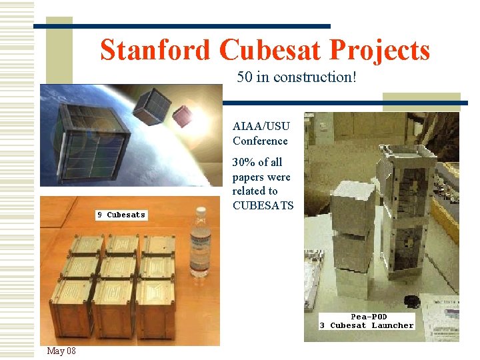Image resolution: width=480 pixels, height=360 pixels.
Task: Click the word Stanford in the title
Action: [x=156, y=50]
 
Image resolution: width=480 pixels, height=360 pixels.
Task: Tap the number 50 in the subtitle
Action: [x=244, y=77]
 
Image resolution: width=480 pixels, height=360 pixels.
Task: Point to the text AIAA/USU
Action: [x=261, y=125]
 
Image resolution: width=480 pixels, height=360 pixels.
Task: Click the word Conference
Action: [x=260, y=141]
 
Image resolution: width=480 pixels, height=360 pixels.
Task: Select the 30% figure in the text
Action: [x=244, y=162]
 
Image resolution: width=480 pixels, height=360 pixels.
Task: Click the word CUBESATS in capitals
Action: [x=263, y=205]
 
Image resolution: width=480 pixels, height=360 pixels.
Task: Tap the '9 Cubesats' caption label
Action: [x=121, y=215]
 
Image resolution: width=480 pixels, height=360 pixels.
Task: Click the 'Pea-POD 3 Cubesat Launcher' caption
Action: [x=366, y=321]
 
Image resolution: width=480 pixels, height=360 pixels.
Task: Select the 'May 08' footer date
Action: [x=61, y=351]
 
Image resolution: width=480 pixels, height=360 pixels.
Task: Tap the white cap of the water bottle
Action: [x=200, y=210]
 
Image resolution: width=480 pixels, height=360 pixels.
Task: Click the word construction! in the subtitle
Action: [x=317, y=77]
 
